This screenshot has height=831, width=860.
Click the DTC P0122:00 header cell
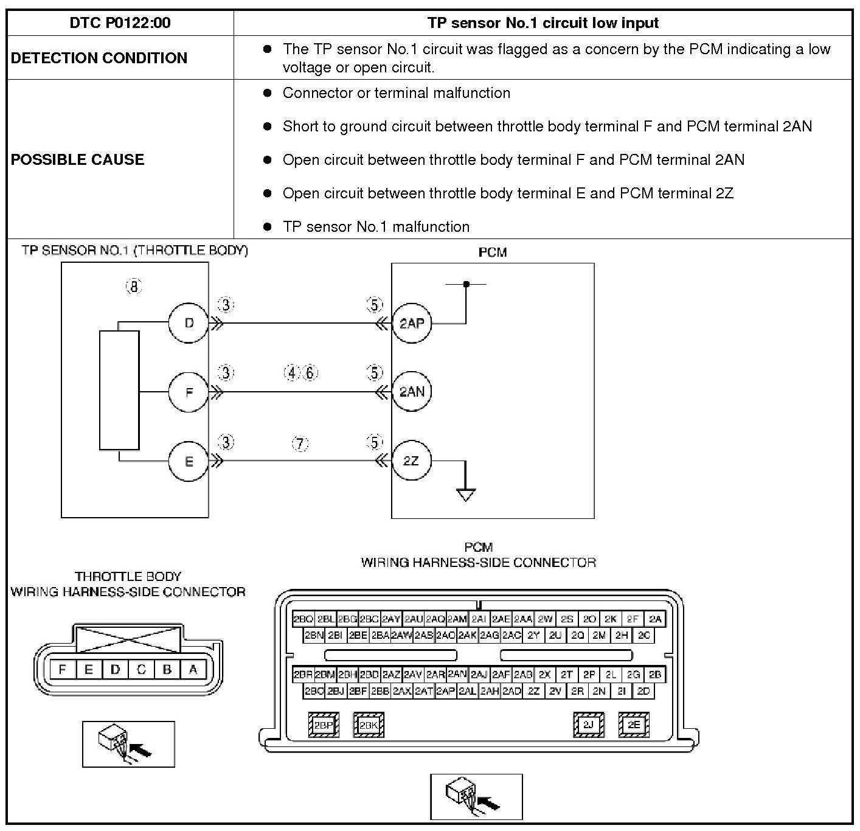[120, 23]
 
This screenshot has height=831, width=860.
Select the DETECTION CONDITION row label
[99, 58]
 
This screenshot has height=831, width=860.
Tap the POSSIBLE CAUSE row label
[78, 159]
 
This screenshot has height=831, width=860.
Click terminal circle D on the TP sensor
[189, 323]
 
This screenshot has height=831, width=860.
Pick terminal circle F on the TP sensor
[189, 392]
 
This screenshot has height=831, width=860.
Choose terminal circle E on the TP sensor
[189, 461]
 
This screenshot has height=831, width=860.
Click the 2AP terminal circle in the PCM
[411, 323]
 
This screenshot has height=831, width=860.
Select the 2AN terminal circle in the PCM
[411, 392]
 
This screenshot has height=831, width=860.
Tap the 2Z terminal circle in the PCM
[411, 461]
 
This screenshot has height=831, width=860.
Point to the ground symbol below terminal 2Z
[466, 494]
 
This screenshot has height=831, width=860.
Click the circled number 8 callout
[134, 287]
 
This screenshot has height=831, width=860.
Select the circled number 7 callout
[300, 443]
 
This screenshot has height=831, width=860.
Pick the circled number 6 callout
[310, 372]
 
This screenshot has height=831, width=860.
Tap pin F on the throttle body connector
[62, 670]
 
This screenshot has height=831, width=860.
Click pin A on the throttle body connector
[193, 670]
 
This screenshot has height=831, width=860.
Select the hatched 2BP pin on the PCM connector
[324, 725]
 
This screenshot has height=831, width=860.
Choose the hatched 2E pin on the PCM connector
[634, 725]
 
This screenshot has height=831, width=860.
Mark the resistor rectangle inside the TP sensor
[119, 390]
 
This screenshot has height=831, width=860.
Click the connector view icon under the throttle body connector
[128, 744]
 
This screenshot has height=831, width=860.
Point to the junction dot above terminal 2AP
[466, 284]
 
